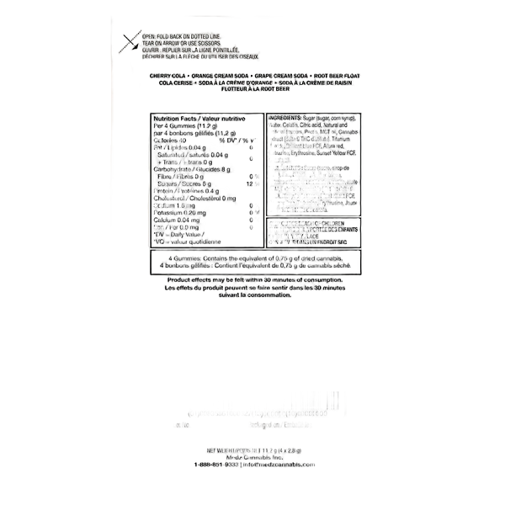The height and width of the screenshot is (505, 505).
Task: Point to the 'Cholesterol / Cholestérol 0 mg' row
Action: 190,199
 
